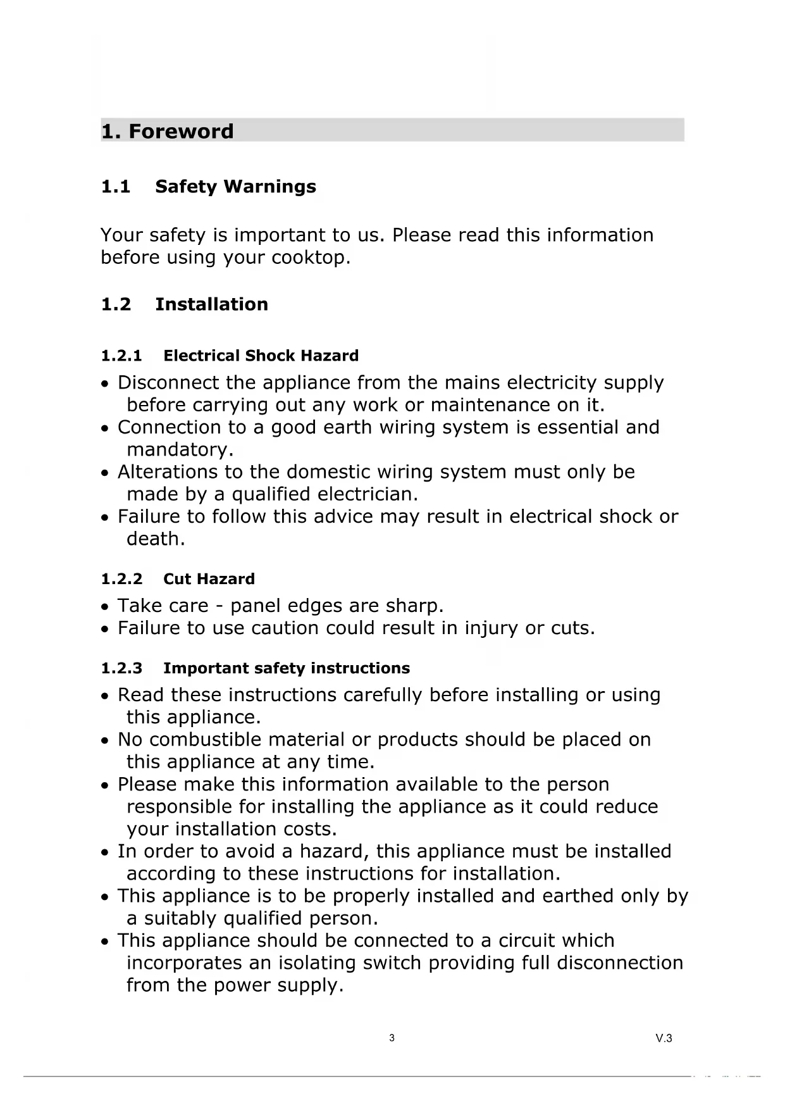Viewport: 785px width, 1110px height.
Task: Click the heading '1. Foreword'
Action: click(x=168, y=131)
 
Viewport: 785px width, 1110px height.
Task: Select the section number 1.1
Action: click(x=116, y=187)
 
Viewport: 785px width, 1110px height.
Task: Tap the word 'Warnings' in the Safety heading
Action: click(x=270, y=187)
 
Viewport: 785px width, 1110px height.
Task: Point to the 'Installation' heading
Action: click(x=211, y=304)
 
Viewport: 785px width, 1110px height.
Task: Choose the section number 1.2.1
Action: click(x=121, y=356)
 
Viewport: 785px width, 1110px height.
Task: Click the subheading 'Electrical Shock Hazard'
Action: click(x=261, y=356)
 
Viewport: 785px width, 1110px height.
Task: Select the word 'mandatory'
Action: click(x=178, y=450)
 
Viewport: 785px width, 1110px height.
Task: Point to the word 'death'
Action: click(x=154, y=539)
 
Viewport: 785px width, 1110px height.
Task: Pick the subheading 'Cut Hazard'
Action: click(x=209, y=579)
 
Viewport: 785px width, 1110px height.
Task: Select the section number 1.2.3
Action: click(x=121, y=668)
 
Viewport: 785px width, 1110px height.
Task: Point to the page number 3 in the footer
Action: click(x=392, y=1038)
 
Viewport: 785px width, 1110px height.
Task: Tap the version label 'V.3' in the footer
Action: click(x=664, y=1038)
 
